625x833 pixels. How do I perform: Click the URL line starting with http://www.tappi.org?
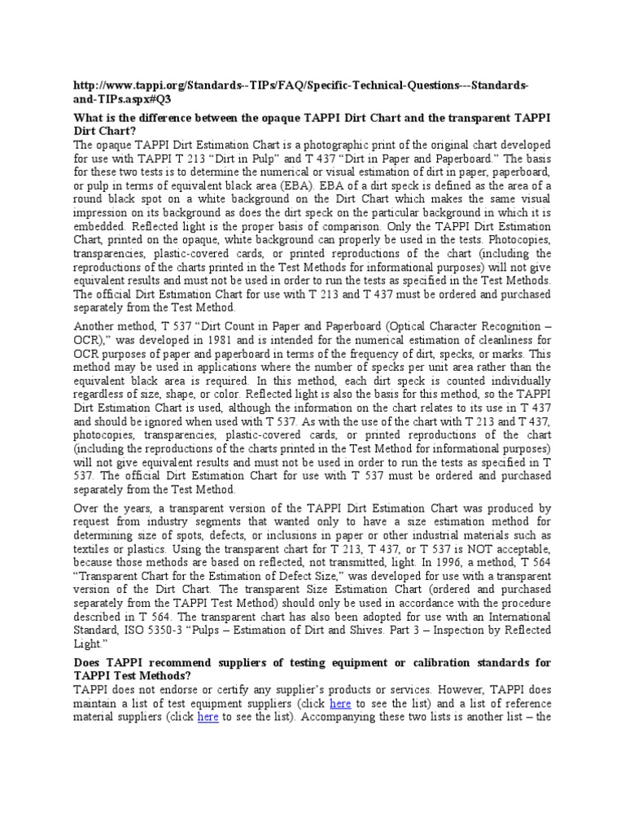pyautogui.click(x=300, y=86)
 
